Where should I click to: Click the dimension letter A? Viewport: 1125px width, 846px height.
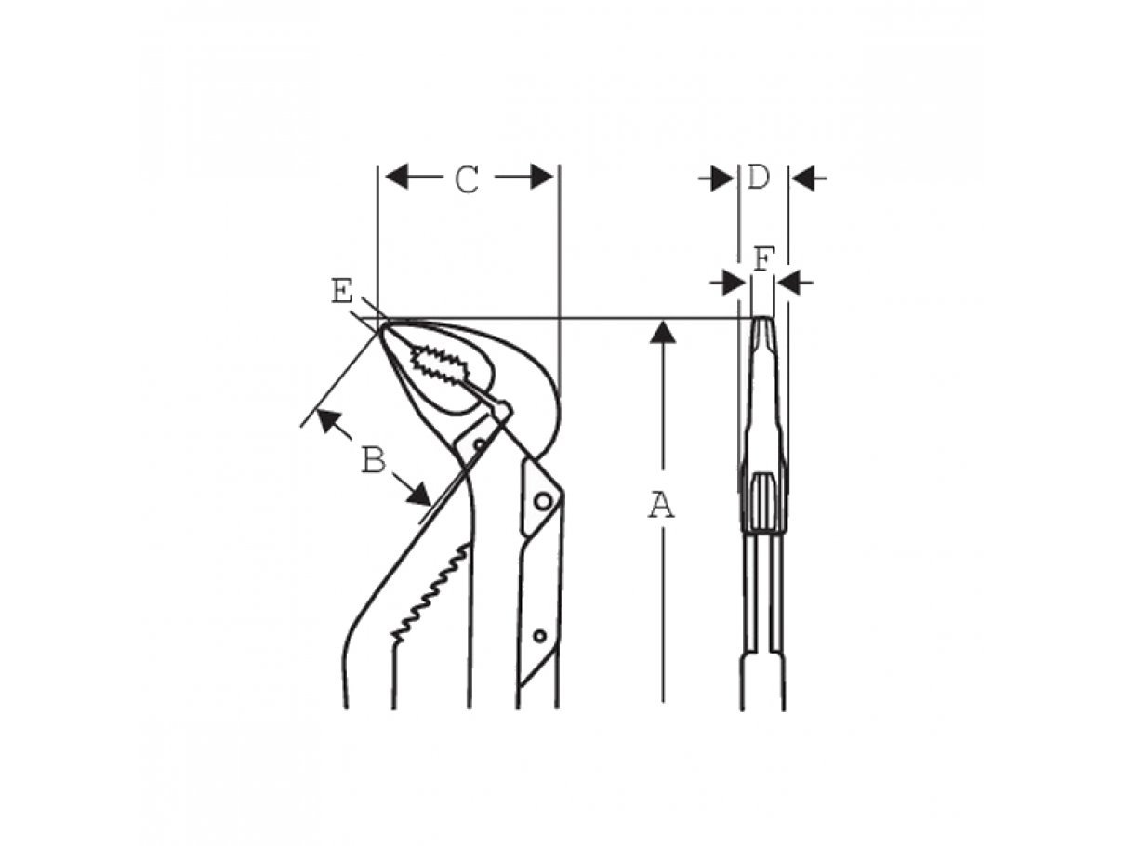point(661,504)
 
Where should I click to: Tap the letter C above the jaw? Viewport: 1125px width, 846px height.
point(467,179)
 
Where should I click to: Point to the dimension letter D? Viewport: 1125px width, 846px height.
point(759,178)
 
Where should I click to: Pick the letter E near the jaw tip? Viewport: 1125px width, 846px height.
point(342,292)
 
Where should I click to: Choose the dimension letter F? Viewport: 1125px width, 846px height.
point(762,259)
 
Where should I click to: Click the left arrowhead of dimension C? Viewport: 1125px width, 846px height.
point(397,177)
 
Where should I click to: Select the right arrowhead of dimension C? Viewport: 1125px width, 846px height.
point(542,177)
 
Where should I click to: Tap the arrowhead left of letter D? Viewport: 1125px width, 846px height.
point(722,178)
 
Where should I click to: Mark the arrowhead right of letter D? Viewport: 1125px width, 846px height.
point(803,178)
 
